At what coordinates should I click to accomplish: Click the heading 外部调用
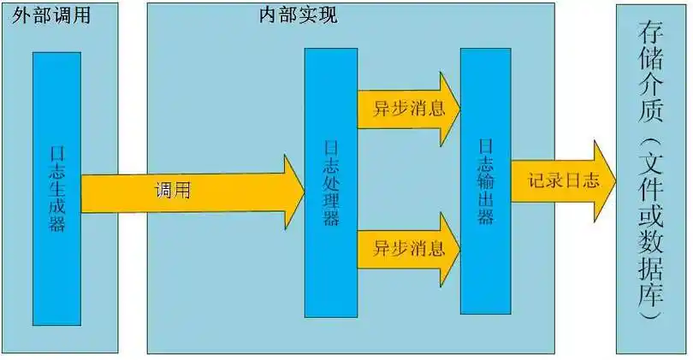coord(51,15)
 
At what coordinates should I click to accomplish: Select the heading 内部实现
coord(299,15)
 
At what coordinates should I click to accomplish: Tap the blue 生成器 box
coord(57,189)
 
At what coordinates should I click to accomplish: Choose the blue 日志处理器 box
coord(331,182)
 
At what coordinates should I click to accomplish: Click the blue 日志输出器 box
coord(486,181)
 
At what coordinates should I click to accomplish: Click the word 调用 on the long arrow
coord(172,191)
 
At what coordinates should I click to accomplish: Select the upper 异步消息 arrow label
coord(408,109)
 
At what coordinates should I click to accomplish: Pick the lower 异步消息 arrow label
coord(408,249)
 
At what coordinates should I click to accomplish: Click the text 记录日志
coord(564,180)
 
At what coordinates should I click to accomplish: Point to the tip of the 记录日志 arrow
coord(616,180)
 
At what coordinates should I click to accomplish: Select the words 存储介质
coord(650,71)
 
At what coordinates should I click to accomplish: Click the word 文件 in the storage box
coord(650,178)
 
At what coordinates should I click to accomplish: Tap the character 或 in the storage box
coord(650,215)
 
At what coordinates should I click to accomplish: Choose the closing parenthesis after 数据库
coord(650,314)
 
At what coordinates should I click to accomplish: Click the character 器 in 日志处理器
coord(331,217)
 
